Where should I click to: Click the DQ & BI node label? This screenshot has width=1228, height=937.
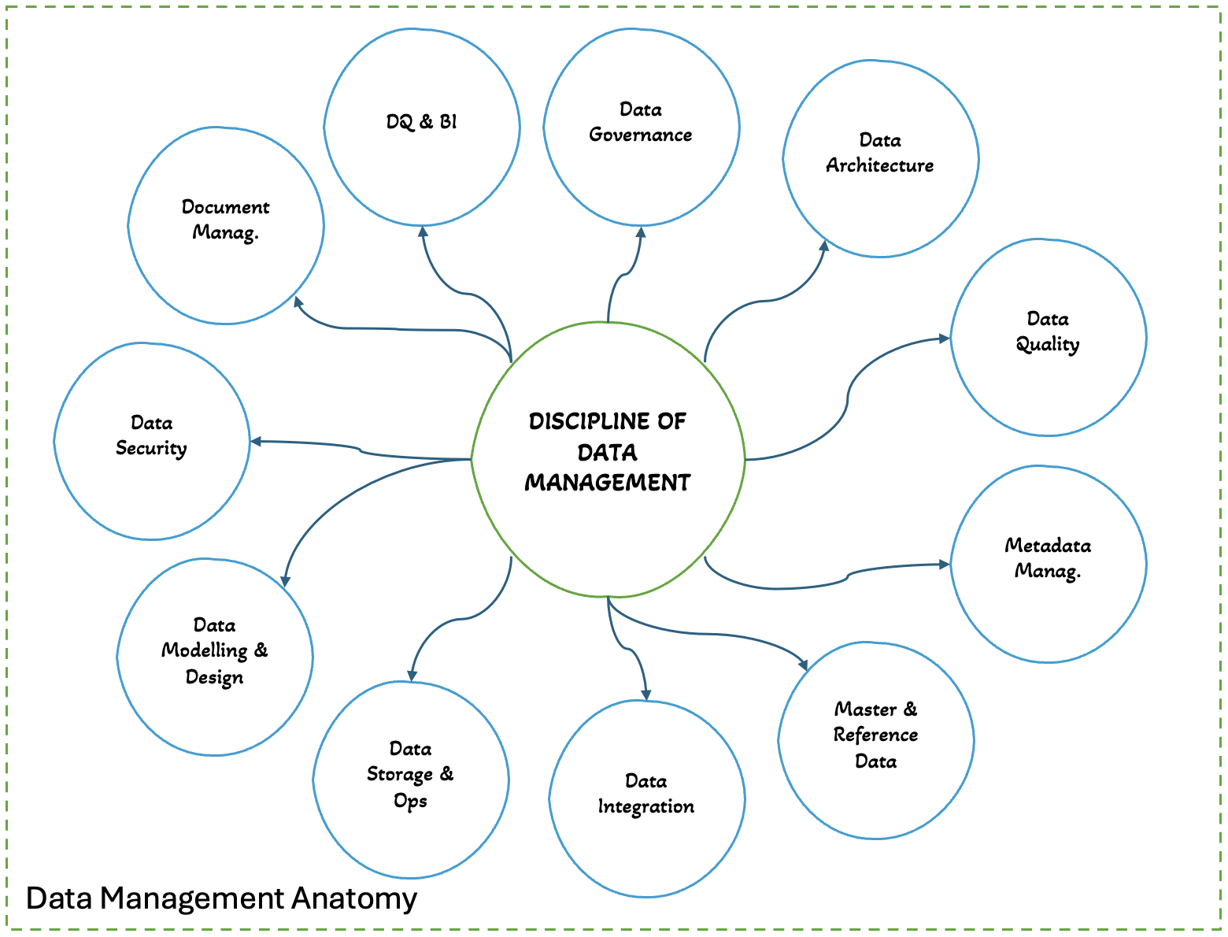pos(421,122)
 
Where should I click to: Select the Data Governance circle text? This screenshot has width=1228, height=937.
pos(641,122)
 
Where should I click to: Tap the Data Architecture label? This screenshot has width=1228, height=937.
pos(879,153)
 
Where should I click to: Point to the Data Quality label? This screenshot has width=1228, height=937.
pos(1048,331)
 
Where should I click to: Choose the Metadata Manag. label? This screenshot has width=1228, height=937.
pos(1048,558)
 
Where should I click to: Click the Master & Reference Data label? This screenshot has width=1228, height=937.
pos(875,735)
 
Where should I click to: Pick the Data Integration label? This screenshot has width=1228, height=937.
pos(645,794)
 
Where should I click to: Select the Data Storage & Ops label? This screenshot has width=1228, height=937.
pos(410,775)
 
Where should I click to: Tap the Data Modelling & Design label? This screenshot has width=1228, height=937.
pos(214,651)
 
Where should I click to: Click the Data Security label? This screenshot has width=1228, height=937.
pos(151,435)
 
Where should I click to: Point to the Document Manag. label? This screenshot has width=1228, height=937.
pos(226,220)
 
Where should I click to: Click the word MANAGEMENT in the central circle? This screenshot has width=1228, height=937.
pos(608,483)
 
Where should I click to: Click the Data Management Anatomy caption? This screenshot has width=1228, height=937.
pos(221,898)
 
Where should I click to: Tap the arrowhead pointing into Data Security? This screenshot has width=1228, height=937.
pos(256,442)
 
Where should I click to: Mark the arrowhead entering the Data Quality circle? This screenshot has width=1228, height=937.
pos(945,339)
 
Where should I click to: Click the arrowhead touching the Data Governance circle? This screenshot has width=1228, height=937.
pos(641,232)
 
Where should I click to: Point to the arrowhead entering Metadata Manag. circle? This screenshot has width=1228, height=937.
pos(945,565)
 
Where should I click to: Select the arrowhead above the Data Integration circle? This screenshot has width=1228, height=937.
pos(646,694)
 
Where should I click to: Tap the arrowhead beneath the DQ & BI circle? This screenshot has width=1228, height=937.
pos(423,231)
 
